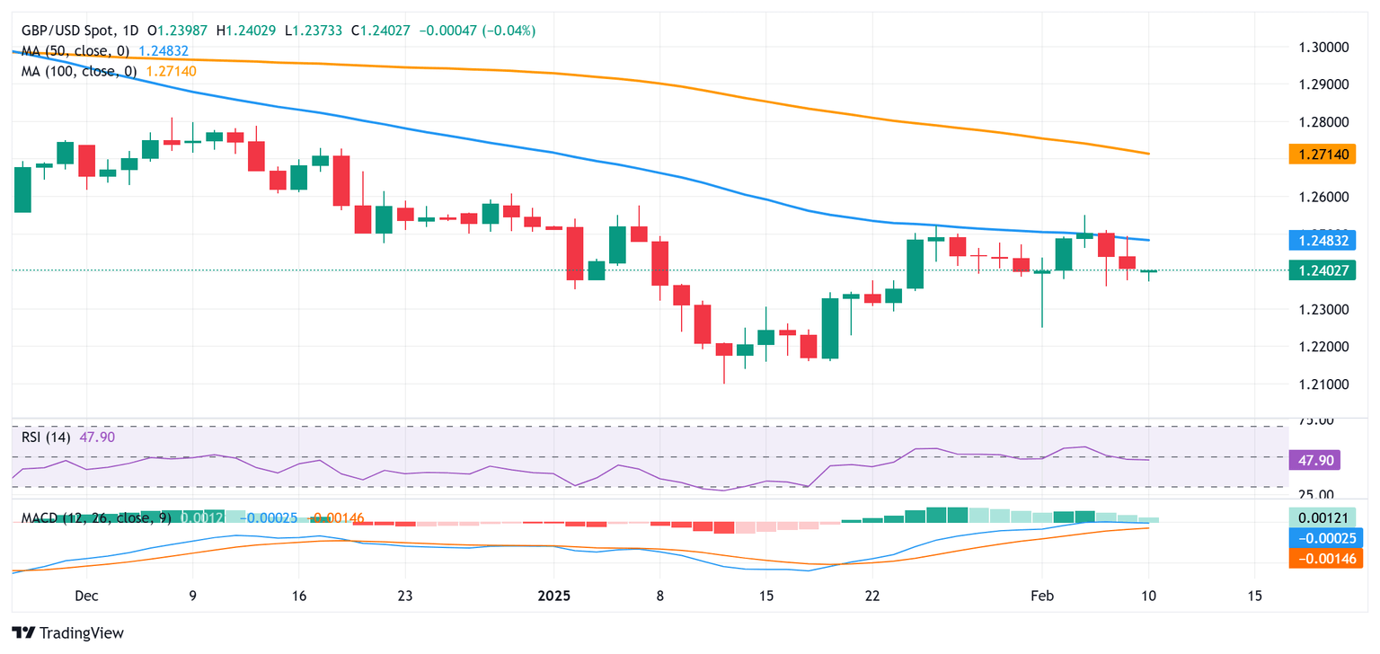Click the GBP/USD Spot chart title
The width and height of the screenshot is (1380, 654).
[76, 31]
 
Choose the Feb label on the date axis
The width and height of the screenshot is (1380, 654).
[1041, 596]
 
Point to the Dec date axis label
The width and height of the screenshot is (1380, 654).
[87, 596]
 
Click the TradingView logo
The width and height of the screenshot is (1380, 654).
[67, 632]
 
